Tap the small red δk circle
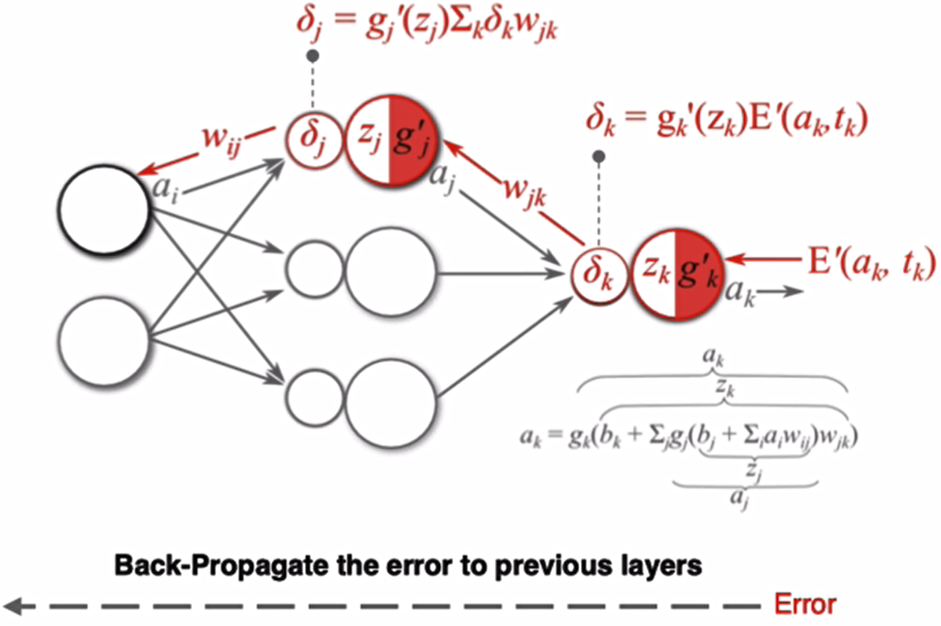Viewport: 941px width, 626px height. [x=597, y=272]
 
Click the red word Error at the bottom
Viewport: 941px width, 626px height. [x=805, y=605]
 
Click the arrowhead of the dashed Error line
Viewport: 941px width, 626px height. [x=15, y=606]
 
